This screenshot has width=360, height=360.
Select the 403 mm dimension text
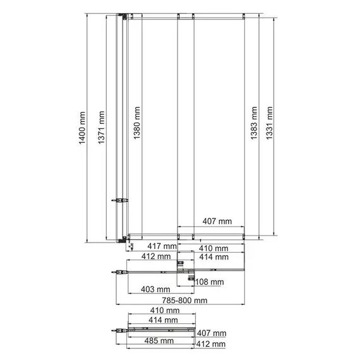(x=155, y=291)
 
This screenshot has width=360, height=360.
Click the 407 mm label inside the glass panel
(x=217, y=222)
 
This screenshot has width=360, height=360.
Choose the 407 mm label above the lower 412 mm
(x=211, y=333)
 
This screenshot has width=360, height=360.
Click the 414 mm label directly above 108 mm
(x=212, y=257)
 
